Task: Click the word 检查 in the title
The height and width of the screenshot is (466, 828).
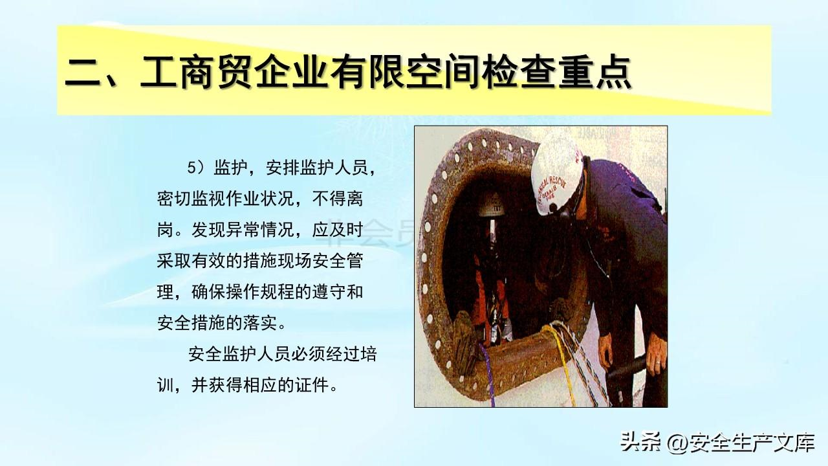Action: click(x=518, y=71)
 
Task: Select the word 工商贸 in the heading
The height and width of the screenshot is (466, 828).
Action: click(x=196, y=71)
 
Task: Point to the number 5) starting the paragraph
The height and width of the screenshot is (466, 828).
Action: click(x=195, y=168)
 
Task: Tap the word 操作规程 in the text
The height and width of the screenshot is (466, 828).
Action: click(x=259, y=292)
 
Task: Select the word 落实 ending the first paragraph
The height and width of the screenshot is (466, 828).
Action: click(x=260, y=323)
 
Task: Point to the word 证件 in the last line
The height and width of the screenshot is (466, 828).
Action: click(x=312, y=385)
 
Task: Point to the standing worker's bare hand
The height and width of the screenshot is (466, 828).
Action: click(x=657, y=354)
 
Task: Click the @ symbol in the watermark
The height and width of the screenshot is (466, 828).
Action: click(x=677, y=442)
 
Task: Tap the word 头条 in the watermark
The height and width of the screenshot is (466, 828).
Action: click(x=641, y=442)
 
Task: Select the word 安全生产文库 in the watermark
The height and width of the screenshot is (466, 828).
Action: click(x=751, y=442)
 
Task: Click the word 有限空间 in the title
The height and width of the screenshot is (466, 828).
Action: click(x=405, y=71)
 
